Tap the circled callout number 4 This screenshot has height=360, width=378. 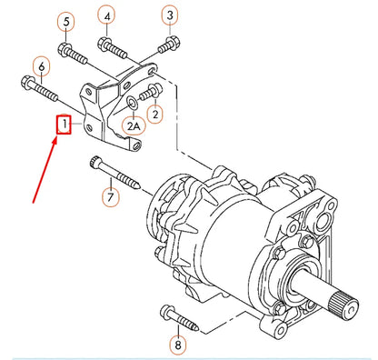pyautogui.click(x=107, y=15)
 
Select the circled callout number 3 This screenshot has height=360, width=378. pyautogui.click(x=169, y=14)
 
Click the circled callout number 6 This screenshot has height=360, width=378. pyautogui.click(x=41, y=65)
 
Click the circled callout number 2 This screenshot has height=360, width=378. pyautogui.click(x=155, y=114)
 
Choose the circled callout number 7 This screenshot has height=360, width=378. pyautogui.click(x=109, y=196)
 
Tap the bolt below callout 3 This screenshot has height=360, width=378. pyautogui.click(x=166, y=45)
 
